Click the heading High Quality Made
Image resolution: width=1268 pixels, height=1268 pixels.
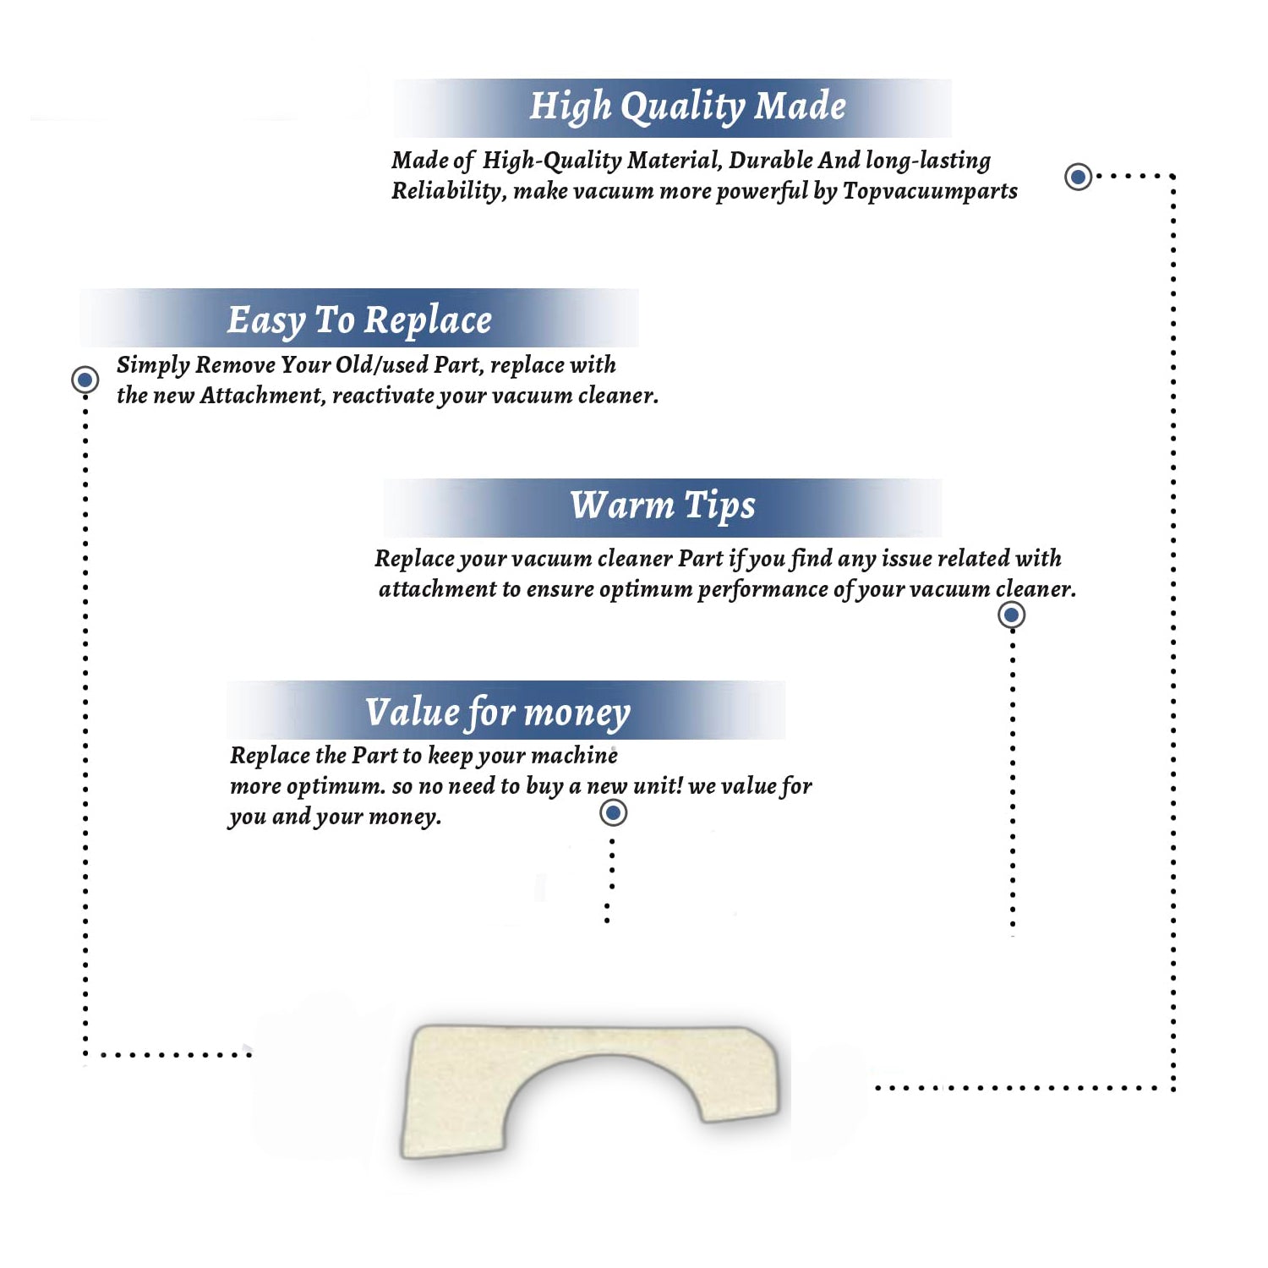(x=687, y=107)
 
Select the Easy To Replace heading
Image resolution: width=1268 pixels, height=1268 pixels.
(x=359, y=321)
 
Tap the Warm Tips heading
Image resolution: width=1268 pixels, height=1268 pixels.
(x=663, y=506)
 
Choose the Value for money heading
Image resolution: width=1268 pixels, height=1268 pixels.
(x=498, y=713)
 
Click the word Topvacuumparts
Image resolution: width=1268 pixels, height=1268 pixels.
(x=930, y=192)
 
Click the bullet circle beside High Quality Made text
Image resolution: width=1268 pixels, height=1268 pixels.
(x=1078, y=177)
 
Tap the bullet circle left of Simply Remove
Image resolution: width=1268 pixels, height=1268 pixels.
(x=85, y=380)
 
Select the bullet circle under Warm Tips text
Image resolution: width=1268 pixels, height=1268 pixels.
(x=1012, y=615)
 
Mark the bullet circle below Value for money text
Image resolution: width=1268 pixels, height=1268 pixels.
(x=613, y=813)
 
